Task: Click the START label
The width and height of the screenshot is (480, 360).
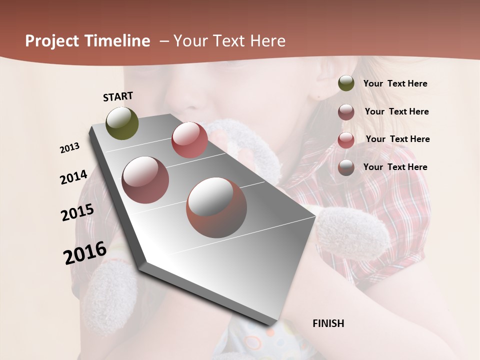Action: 118,96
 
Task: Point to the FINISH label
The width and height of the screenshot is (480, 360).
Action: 328,323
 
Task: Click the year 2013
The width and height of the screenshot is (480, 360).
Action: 69,148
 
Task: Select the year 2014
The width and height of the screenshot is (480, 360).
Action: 73,177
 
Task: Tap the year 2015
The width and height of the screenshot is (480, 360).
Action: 77,212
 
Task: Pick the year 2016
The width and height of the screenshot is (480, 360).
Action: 85,253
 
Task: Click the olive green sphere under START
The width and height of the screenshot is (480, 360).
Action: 122,123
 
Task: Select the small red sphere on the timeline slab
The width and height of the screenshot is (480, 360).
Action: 189,140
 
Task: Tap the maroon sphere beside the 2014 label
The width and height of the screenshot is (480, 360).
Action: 145,180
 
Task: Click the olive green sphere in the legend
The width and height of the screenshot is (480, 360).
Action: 346,83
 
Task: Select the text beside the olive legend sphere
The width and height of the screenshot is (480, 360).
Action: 395,84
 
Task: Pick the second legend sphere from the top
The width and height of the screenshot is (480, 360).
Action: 346,112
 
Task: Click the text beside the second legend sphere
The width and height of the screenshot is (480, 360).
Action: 396,112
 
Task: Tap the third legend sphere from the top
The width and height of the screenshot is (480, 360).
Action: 346,140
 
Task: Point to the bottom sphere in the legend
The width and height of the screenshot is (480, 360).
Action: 346,167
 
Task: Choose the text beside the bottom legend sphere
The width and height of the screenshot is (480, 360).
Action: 395,167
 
